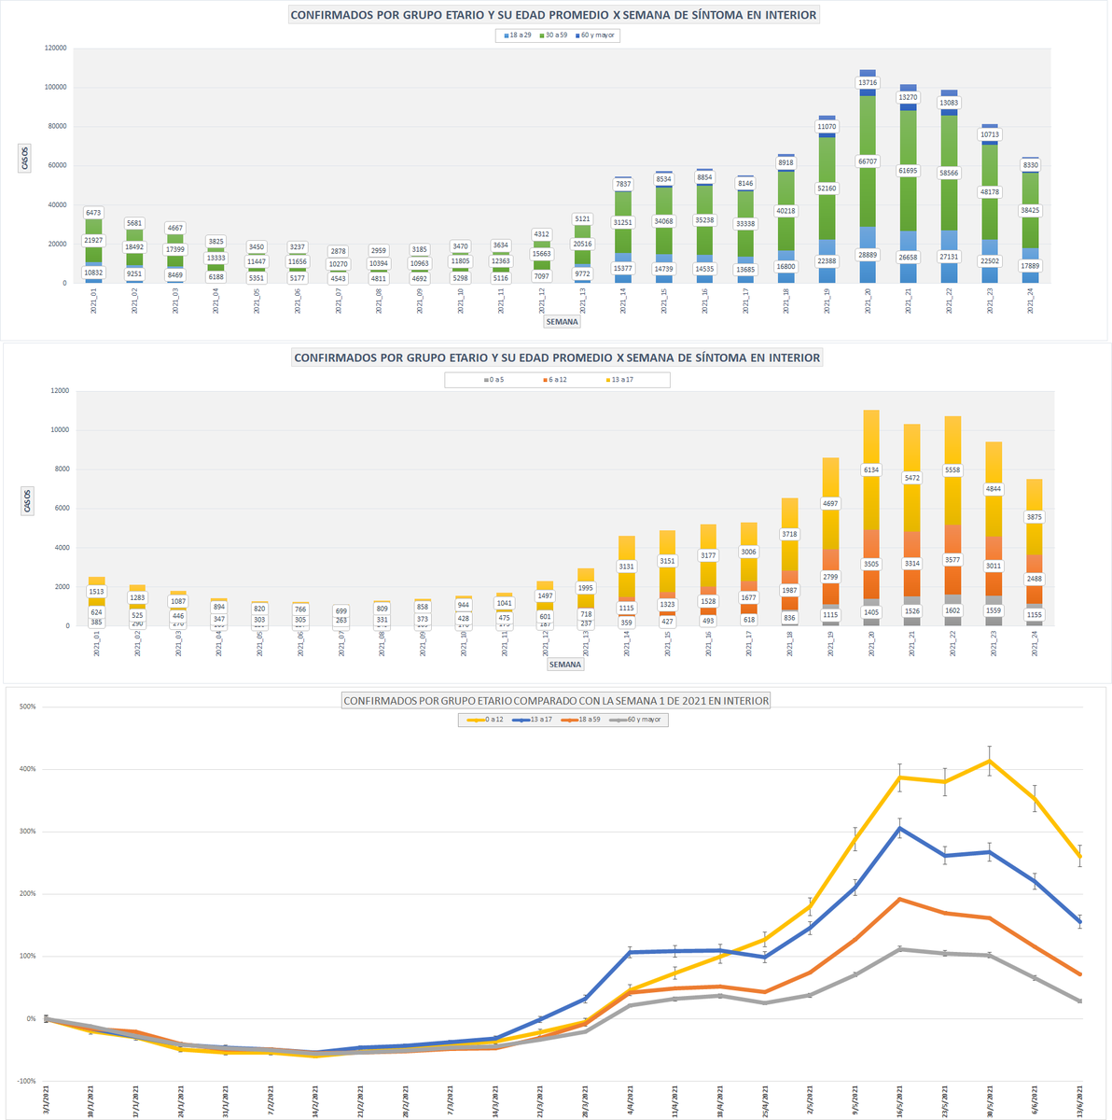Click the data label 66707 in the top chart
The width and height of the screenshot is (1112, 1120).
click(868, 161)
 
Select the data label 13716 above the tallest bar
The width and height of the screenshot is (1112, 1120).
click(868, 83)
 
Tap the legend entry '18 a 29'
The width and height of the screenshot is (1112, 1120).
click(519, 35)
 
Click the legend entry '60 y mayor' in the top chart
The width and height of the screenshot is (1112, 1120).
click(597, 35)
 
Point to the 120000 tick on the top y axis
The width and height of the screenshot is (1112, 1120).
click(55, 48)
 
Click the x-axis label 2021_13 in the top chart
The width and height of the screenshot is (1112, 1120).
click(582, 301)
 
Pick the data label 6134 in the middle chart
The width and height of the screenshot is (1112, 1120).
click(871, 470)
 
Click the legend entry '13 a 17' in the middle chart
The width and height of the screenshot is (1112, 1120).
click(621, 380)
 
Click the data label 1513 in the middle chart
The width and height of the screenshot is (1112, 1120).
click(96, 592)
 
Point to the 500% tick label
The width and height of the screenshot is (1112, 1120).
click(26, 707)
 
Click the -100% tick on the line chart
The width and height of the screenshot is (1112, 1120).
click(25, 1081)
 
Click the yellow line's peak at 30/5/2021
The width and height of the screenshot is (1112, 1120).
click(989, 761)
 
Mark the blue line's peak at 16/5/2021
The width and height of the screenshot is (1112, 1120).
click(900, 828)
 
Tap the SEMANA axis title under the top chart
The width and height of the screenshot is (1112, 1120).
click(563, 322)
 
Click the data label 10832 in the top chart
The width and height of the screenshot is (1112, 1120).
click(93, 273)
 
